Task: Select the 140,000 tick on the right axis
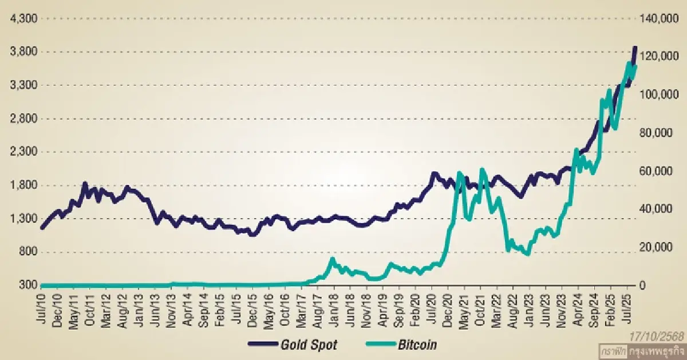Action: (x=658, y=19)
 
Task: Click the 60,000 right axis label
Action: (x=656, y=171)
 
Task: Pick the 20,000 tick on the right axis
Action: (x=656, y=247)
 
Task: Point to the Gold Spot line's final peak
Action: (x=634, y=48)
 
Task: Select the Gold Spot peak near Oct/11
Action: (x=85, y=183)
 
